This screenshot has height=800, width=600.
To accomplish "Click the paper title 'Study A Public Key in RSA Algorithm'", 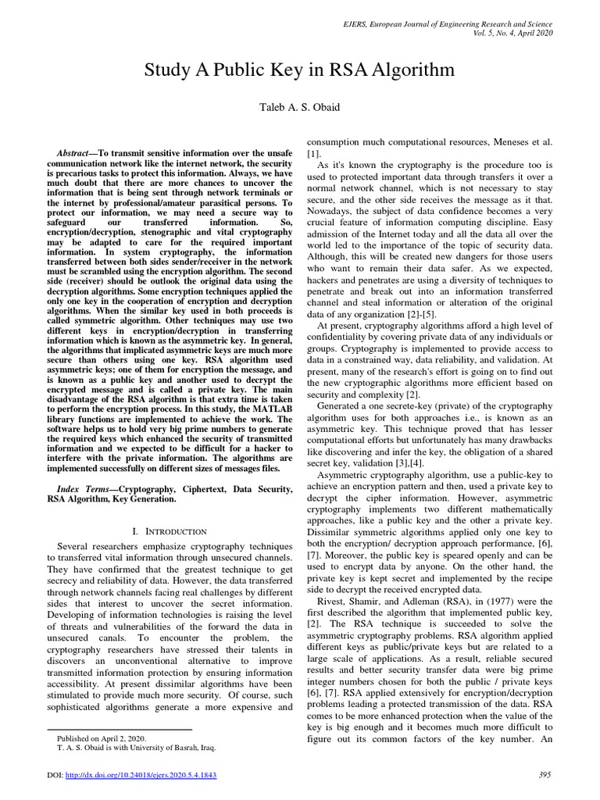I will (299, 72).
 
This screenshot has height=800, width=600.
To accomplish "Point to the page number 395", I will (545, 774).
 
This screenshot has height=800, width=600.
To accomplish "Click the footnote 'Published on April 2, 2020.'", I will (102, 737).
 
